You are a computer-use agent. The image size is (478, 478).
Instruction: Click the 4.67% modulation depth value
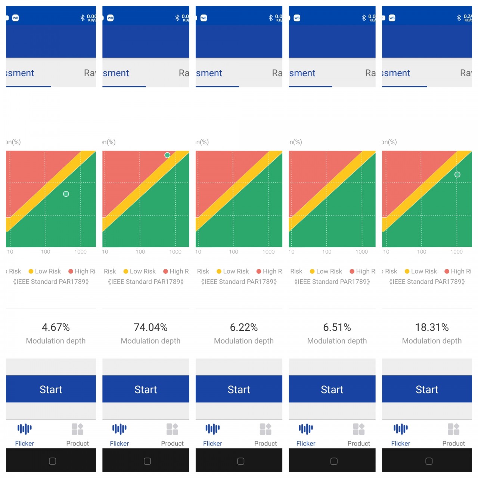click(56, 328)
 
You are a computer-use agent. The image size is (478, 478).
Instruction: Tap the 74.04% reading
click(150, 328)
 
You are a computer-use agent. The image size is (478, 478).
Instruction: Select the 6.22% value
click(244, 328)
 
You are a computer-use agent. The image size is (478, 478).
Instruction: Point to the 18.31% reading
click(432, 328)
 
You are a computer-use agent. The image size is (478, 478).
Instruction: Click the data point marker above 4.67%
click(66, 194)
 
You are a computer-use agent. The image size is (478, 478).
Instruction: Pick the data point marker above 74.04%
click(167, 155)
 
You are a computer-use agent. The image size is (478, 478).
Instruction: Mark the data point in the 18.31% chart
click(457, 174)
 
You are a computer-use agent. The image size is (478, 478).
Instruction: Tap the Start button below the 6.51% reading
click(332, 389)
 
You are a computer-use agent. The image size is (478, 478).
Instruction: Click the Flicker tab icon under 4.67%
click(25, 429)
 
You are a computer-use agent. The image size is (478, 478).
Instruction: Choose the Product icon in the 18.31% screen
click(453, 429)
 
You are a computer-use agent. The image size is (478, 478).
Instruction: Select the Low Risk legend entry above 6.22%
click(233, 271)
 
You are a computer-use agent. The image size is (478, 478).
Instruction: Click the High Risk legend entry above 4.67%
click(82, 271)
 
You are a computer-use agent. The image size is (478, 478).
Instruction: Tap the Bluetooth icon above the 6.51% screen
click(364, 18)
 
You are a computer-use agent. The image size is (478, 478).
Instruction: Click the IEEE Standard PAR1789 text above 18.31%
click(427, 282)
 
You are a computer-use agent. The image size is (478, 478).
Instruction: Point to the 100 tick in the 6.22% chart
click(233, 252)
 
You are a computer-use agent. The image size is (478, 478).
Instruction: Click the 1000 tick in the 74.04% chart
click(175, 252)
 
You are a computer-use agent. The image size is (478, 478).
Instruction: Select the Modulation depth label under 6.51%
click(337, 341)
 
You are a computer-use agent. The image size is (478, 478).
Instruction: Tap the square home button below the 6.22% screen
click(241, 461)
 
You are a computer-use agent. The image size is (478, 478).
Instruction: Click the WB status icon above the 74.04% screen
click(111, 18)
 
